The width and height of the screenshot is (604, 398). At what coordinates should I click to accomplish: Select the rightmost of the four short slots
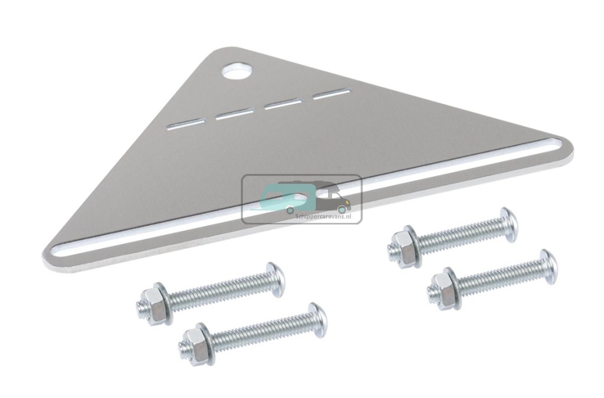click(332, 93)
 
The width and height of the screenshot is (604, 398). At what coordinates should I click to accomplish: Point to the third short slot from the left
click(283, 103)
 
